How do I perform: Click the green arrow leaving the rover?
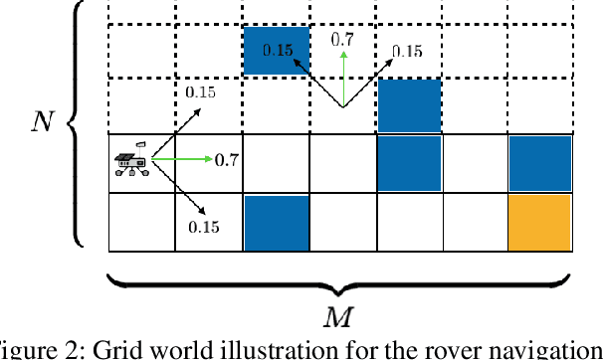click(181, 159)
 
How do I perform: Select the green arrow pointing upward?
click(341, 79)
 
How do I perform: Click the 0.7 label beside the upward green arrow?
click(341, 40)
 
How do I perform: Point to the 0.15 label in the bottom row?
click(202, 227)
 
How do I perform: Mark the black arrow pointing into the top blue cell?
click(313, 81)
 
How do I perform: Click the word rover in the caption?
click(473, 349)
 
